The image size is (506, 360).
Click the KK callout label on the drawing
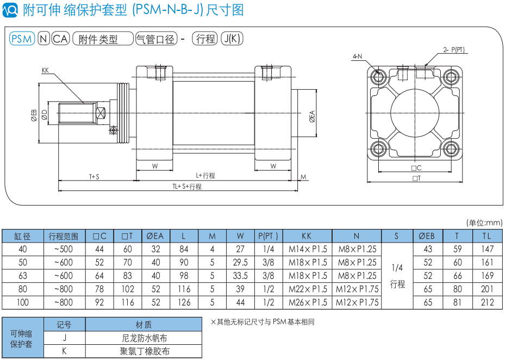45,70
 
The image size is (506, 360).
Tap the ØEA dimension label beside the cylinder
312,116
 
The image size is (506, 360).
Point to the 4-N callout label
357,57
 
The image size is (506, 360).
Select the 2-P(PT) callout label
454,49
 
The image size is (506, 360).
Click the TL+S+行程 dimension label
187,187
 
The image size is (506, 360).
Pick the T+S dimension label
94,177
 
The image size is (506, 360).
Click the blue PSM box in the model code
22,39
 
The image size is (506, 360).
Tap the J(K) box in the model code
232,39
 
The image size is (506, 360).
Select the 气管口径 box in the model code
156,39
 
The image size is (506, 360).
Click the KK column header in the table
307,236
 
